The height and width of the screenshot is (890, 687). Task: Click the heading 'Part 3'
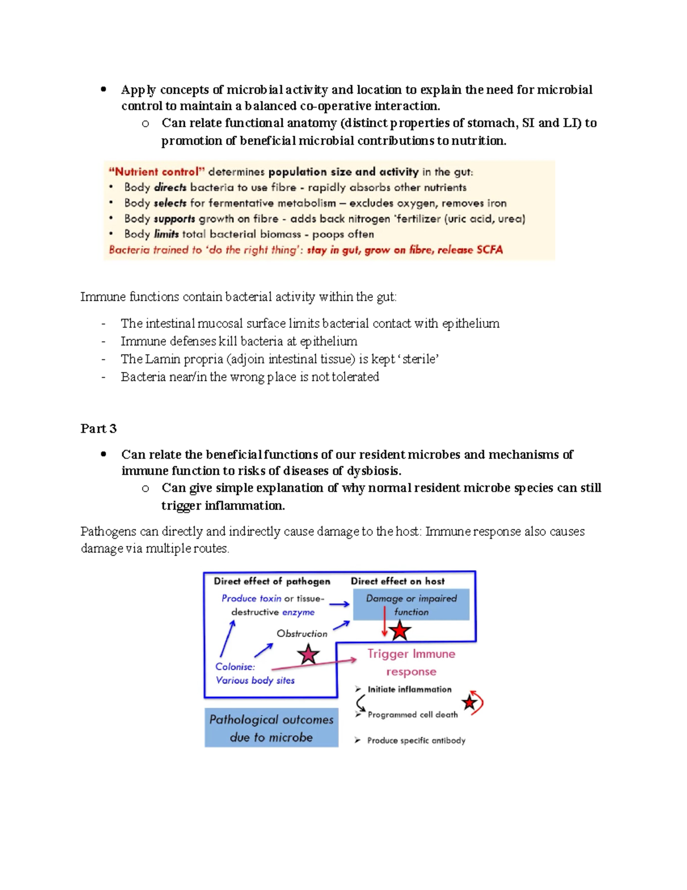tap(98, 428)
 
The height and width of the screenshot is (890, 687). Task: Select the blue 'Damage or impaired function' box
tap(411, 605)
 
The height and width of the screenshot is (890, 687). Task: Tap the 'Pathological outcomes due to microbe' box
tap(271, 728)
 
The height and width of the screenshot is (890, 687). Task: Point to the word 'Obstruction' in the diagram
tap(302, 633)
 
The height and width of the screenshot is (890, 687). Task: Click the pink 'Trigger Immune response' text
tap(411, 662)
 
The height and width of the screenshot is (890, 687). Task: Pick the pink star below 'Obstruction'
tap(308, 654)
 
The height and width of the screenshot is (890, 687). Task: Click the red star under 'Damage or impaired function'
tap(400, 631)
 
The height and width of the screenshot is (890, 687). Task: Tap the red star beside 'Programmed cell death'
tap(470, 702)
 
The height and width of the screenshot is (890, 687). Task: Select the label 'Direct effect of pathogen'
tap(272, 581)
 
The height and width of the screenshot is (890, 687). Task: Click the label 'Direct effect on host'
tap(397, 581)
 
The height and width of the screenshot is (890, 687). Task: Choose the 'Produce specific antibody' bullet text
tap(416, 740)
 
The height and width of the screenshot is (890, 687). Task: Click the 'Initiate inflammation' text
tap(409, 689)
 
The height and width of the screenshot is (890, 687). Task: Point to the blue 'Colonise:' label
tap(235, 666)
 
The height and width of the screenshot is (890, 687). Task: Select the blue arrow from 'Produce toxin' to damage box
tap(339, 604)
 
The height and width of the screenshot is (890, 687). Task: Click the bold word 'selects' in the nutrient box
tap(170, 203)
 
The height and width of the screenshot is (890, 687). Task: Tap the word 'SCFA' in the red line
tap(489, 250)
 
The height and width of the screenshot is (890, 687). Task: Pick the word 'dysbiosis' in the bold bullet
tap(373, 471)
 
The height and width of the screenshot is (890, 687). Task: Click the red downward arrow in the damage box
tap(384, 622)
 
